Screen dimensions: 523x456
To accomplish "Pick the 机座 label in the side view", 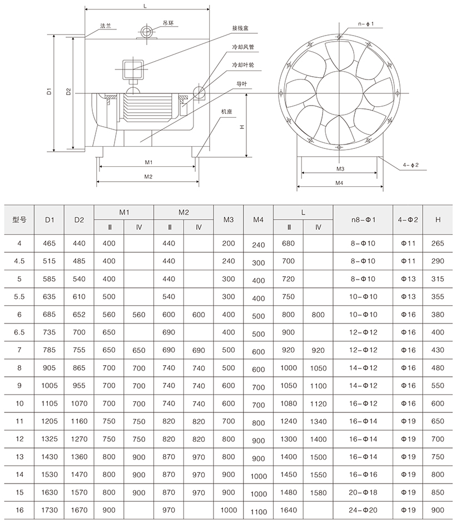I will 226,111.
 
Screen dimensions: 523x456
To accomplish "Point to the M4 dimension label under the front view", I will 340,183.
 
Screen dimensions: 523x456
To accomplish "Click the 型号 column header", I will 19,220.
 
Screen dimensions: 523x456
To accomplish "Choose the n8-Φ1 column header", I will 364,220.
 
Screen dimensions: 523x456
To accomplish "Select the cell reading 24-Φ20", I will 364,510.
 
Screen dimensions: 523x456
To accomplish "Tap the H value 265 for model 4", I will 438,243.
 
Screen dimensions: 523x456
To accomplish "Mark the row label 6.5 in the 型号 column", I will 19,332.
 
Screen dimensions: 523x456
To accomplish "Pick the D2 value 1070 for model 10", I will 79,404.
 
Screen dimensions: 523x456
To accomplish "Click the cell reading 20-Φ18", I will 364,492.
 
